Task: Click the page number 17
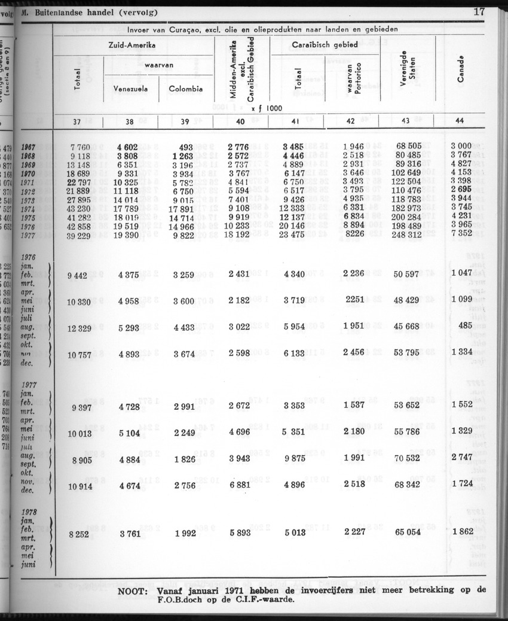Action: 478,11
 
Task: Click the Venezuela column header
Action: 131,89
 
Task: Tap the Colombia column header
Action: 185,89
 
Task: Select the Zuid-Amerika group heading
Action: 132,45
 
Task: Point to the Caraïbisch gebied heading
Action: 325,45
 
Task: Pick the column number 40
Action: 241,121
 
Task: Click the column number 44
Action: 460,121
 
